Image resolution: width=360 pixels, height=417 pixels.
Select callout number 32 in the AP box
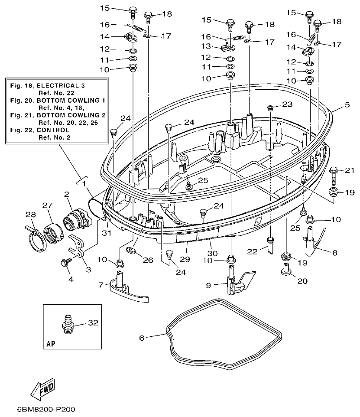(x=93, y=323)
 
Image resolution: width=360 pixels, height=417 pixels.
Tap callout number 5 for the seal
(x=347, y=104)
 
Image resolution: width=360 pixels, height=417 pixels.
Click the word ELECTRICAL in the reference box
(x=68, y=86)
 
